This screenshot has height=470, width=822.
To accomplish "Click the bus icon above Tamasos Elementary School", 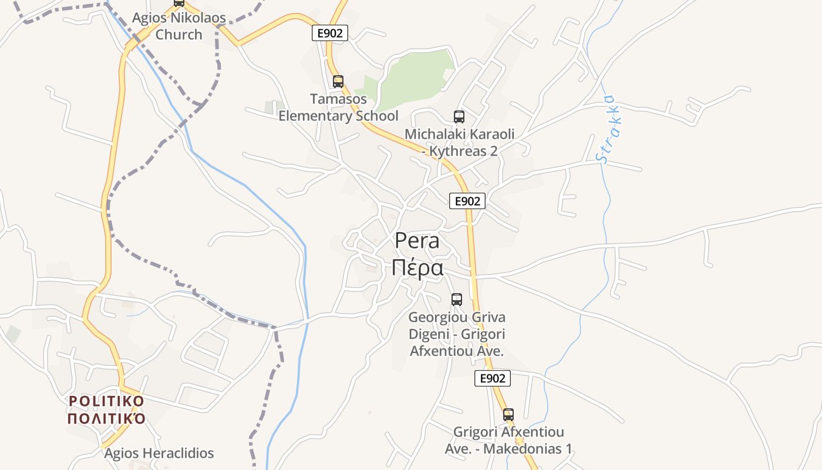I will coord(338,82).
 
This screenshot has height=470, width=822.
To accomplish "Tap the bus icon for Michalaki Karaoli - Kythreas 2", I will coord(459,117).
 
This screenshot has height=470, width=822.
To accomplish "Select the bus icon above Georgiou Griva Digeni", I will coord(457,300).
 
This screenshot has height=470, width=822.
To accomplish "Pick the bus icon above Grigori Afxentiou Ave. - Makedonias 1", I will coord(508,415).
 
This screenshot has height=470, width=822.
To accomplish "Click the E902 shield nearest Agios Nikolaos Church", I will coord(329,33).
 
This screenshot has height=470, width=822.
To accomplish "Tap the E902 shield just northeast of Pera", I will coord(467,201).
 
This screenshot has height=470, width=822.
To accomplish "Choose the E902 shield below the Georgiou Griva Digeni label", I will coord(492,379).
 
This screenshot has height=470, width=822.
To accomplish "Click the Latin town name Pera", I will coord(417,241).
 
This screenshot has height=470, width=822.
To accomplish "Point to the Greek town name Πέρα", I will coord(417,268).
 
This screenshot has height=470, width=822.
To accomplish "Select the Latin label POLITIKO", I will coord(106,401).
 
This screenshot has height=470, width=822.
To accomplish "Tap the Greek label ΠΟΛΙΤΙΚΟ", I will coord(106,419).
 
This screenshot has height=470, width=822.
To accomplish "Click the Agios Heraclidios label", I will coord(159,454).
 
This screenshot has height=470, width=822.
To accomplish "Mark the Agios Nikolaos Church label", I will coord(178,26).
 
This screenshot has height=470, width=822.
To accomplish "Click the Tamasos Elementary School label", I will coord(338,108).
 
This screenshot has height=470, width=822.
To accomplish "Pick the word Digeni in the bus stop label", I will coord(428,334).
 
